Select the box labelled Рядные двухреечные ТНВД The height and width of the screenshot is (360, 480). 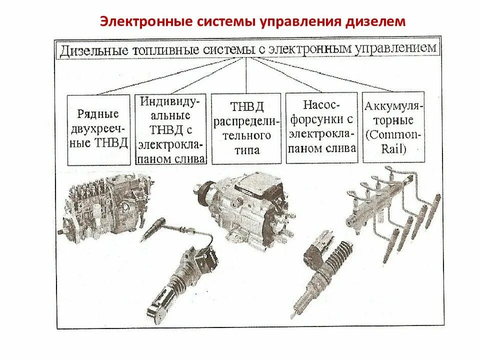point(98,129)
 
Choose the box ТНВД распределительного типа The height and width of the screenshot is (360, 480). point(246,128)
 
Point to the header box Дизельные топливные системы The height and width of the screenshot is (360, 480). point(248,49)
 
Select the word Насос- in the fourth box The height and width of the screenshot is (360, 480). point(321,105)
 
